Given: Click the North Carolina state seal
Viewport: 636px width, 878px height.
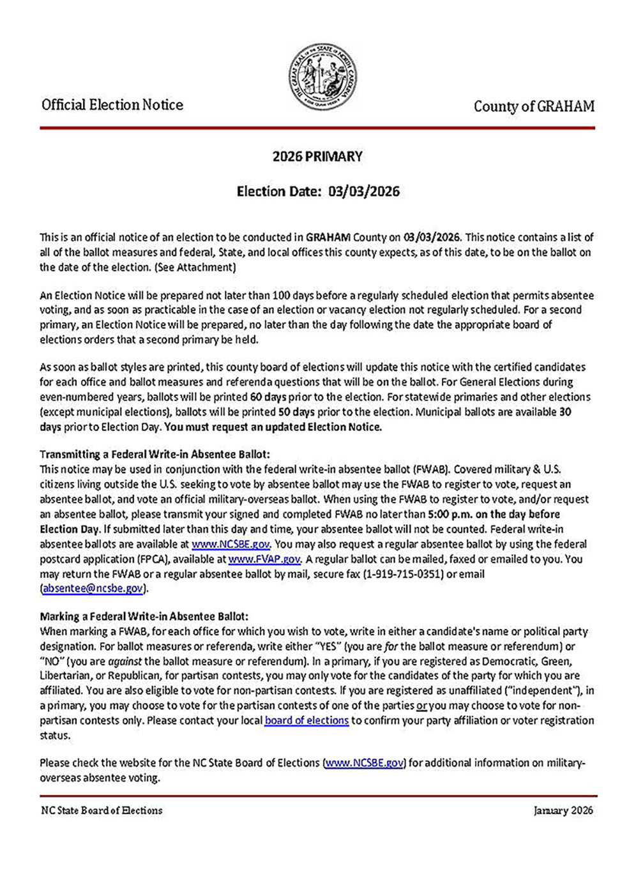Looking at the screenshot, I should [322, 77].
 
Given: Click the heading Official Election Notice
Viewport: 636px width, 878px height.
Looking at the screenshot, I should [112, 105].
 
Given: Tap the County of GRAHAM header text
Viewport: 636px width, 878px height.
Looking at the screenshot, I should [534, 106].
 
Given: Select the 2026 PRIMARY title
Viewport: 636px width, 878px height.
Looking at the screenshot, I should [317, 156].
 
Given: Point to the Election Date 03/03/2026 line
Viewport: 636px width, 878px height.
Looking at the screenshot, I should [318, 191].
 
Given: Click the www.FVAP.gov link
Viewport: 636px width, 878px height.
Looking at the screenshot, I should [264, 559].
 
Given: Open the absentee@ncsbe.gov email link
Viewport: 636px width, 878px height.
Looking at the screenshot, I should [93, 588].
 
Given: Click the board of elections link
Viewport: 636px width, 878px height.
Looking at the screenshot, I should [307, 720].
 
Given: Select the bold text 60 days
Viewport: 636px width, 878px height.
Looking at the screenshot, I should [268, 397].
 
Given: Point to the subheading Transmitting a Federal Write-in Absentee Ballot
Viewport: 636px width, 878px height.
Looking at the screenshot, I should [155, 454].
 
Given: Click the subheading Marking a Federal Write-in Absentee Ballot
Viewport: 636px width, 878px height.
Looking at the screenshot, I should [144, 616].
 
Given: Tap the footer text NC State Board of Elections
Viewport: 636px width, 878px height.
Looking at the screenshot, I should [102, 810].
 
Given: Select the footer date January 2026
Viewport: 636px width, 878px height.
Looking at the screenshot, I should [563, 810].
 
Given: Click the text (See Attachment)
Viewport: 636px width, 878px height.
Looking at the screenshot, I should [195, 267].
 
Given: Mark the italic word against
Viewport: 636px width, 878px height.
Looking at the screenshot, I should [125, 661].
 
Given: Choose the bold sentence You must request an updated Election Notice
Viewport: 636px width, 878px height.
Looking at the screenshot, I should [273, 427].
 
